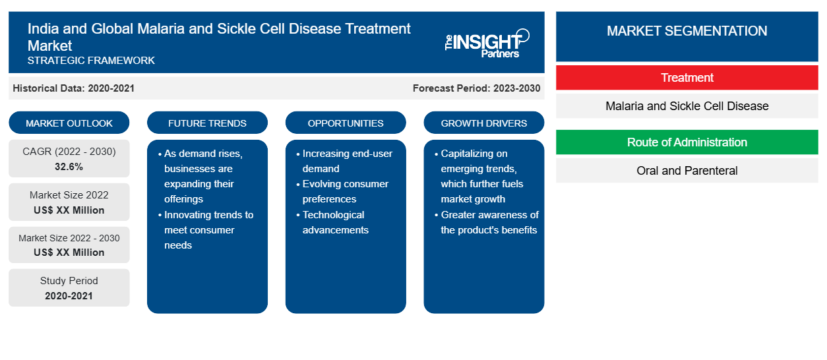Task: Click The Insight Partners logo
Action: [487, 44]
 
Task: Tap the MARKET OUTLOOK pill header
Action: [69, 123]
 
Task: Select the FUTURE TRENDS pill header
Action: [207, 123]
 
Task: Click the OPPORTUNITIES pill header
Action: [346, 123]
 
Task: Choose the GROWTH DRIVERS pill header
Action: [483, 123]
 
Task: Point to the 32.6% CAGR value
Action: [69, 167]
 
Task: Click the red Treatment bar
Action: [687, 78]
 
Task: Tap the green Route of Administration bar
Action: [687, 142]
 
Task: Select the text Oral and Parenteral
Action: [687, 171]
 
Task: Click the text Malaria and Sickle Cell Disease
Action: [687, 106]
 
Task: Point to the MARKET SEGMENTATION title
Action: [687, 30]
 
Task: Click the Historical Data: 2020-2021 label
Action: [73, 88]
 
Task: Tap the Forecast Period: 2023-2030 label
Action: [476, 88]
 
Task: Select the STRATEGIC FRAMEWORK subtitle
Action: [91, 60]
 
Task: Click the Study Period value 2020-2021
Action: [69, 296]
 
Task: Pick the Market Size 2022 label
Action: [69, 195]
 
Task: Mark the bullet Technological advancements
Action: [332, 222]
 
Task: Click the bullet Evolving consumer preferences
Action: [342, 191]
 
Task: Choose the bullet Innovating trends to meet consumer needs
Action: [206, 229]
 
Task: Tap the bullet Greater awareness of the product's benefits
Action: [487, 222]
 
